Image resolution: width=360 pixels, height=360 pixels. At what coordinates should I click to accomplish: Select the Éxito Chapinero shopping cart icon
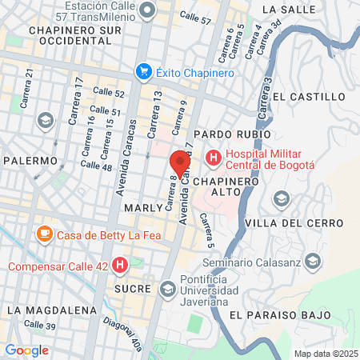144,70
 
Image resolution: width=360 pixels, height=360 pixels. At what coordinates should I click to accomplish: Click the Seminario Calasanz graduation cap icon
312,262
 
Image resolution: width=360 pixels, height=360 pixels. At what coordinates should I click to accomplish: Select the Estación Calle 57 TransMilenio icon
146,10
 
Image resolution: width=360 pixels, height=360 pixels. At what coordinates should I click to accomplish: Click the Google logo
26,350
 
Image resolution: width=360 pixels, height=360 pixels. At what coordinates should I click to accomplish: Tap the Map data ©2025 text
323,354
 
